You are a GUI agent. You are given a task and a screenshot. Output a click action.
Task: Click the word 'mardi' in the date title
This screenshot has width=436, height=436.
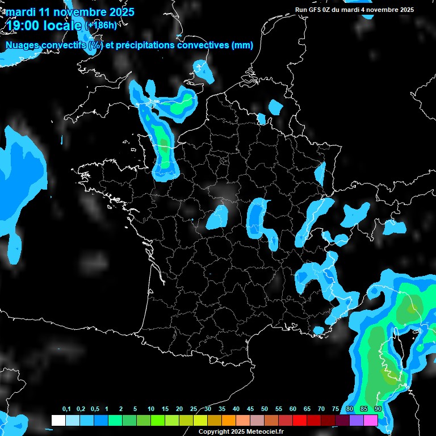21,12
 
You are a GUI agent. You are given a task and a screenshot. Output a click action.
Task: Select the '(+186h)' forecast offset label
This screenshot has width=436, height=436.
100,25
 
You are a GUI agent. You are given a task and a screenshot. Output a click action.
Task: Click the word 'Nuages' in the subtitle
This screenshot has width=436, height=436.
22,45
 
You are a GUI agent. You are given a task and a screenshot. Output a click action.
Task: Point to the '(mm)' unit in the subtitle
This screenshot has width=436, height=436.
242,45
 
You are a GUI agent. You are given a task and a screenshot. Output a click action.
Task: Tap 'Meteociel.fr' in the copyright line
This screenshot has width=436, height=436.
264,431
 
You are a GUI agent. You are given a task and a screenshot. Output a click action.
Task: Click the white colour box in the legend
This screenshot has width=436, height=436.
58,420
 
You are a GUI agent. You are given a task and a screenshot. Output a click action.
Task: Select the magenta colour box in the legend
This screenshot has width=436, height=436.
371,420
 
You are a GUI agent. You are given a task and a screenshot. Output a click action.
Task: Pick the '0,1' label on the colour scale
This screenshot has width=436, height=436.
66,409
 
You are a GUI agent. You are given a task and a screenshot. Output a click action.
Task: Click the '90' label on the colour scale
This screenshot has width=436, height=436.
378,409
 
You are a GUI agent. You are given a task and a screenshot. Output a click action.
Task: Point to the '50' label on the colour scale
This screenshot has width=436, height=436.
265,409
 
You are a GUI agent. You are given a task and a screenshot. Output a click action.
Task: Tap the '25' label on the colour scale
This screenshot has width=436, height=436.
194,409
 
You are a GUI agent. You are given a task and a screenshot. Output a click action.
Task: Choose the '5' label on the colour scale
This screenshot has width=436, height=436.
135,409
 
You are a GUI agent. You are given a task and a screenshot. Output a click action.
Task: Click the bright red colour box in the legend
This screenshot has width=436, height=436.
300,420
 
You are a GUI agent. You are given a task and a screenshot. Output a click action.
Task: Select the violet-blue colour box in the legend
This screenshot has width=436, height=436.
357,420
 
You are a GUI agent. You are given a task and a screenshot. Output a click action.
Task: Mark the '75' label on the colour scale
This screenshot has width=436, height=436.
336,409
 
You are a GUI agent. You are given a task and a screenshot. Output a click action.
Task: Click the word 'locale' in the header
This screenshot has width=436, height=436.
63,26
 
